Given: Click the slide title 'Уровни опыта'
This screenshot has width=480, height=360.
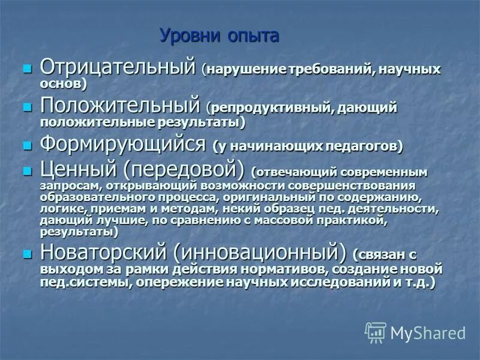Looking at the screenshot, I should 219,36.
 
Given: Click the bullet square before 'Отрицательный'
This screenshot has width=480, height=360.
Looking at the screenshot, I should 26,68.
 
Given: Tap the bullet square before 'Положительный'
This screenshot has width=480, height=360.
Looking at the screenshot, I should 26,107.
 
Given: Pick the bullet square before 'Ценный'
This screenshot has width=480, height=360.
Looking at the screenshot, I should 26,171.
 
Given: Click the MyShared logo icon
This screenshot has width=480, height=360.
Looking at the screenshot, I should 376,332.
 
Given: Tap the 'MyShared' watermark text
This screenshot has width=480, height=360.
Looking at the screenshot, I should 428,332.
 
